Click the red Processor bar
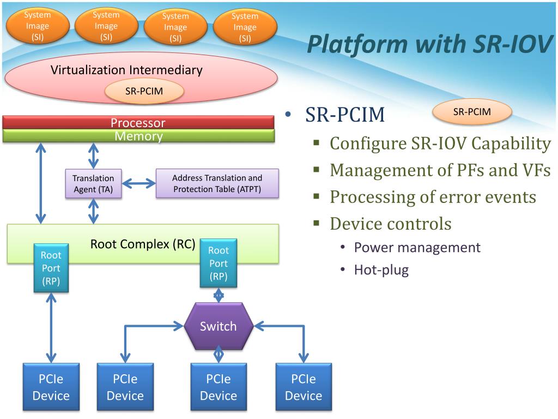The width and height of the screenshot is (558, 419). pyautogui.click(x=138, y=122)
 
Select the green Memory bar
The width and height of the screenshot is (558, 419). pyautogui.click(x=138, y=136)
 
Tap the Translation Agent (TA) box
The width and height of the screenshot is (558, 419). pyautogui.click(x=93, y=183)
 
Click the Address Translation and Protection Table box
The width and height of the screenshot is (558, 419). pyautogui.click(x=217, y=183)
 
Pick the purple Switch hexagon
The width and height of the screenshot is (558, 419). pyautogui.click(x=218, y=326)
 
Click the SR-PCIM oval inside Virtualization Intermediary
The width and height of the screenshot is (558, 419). pyautogui.click(x=144, y=91)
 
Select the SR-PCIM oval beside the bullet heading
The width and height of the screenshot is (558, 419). pyautogui.click(x=472, y=112)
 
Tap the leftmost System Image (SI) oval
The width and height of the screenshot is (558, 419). pyautogui.click(x=38, y=26)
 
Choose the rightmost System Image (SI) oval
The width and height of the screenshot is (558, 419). pyautogui.click(x=245, y=27)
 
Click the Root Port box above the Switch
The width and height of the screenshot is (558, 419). pyautogui.click(x=219, y=264)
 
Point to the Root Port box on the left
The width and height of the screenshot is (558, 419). pyautogui.click(x=51, y=268)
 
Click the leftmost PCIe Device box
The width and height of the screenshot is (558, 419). pyautogui.click(x=51, y=387)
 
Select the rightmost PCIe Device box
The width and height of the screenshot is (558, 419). pyautogui.click(x=304, y=387)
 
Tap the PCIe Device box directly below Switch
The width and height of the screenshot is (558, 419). pyautogui.click(x=219, y=387)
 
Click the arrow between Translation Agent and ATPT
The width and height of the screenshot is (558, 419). pyautogui.click(x=139, y=184)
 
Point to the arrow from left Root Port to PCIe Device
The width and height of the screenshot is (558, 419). pyautogui.click(x=51, y=328)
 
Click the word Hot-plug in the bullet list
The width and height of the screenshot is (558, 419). pyautogui.click(x=381, y=270)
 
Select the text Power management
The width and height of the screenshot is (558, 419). pyautogui.click(x=417, y=247)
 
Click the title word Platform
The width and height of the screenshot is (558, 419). pyautogui.click(x=357, y=45)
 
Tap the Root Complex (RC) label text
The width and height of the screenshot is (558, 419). pyautogui.click(x=143, y=244)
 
